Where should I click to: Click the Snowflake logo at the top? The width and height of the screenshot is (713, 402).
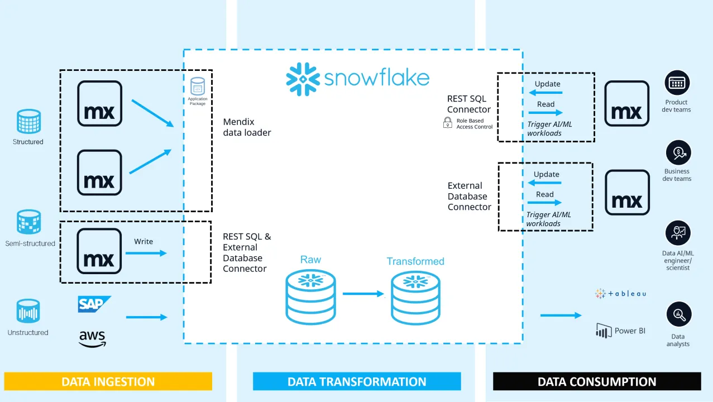pos(357,78)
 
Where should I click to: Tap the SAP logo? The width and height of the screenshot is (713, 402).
pos(94,304)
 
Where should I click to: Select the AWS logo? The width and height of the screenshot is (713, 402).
pos(92,338)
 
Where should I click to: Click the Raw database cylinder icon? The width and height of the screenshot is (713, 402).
pos(310,297)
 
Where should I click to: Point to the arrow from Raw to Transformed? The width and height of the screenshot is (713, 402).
pos(363,294)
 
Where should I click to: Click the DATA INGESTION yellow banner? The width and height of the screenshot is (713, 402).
pos(108,382)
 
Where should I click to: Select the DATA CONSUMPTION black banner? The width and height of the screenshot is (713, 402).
pos(596,382)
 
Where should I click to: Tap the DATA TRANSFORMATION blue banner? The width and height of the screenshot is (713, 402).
pos(357,382)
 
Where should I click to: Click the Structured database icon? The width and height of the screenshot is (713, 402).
pos(28,122)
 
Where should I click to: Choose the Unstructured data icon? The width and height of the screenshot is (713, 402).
pos(28,312)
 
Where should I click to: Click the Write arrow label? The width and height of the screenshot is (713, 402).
pos(143,242)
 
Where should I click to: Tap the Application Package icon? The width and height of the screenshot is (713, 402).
pos(197,86)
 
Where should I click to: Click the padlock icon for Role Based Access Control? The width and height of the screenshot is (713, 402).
pos(447,123)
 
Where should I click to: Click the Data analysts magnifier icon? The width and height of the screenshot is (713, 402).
pos(678,314)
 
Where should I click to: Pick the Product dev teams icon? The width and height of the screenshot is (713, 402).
pos(677,83)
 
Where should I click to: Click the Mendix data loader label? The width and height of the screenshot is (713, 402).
pos(247,127)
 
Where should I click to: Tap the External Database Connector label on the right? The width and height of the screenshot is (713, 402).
pos(469,196)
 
